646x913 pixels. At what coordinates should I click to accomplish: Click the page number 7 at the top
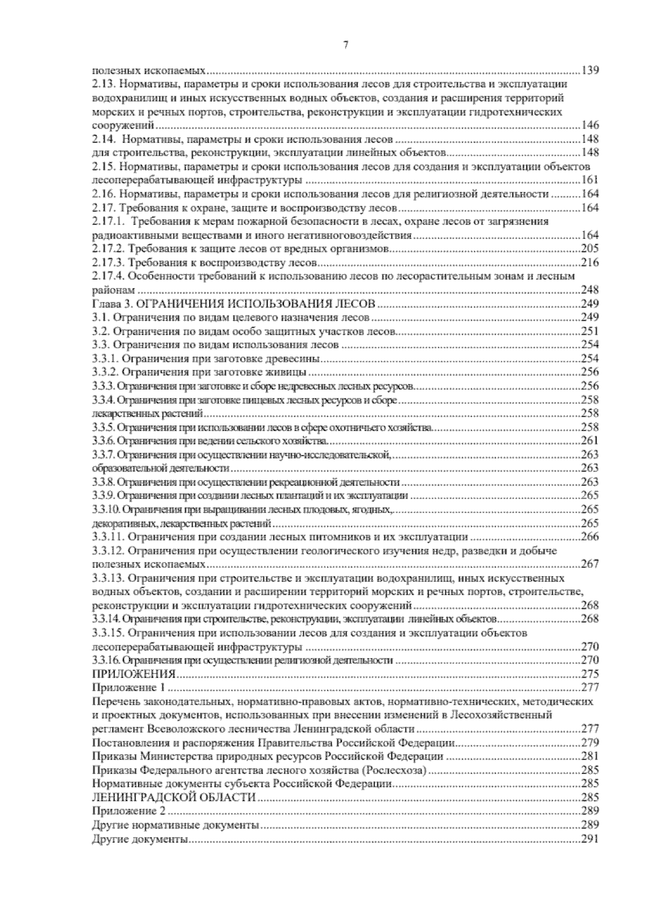[x=345, y=45]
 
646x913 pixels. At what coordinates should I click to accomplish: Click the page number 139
[x=590, y=71]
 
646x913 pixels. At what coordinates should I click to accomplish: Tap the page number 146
[x=590, y=125]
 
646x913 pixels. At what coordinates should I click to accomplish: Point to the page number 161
[x=590, y=180]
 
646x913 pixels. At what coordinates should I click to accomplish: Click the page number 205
[x=590, y=248]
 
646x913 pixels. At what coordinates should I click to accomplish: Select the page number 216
[x=590, y=262]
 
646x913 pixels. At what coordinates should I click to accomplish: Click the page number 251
[x=590, y=331]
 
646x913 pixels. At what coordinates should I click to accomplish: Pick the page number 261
[x=590, y=441]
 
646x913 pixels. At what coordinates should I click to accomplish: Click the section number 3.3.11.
[x=108, y=537]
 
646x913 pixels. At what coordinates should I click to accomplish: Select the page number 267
[x=590, y=564]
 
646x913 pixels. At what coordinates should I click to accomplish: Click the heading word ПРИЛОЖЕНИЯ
[x=134, y=673]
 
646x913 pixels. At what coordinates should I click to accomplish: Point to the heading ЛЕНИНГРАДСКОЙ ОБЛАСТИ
[x=173, y=797]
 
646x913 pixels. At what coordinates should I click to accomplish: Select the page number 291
[x=590, y=838]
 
